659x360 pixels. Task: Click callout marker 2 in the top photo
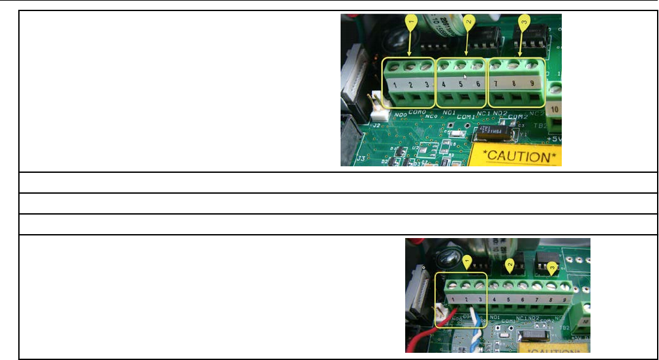(468, 23)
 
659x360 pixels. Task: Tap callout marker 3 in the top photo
(523, 23)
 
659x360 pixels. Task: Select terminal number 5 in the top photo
(461, 85)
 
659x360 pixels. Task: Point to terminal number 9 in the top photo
(532, 83)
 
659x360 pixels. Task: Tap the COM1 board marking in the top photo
(466, 116)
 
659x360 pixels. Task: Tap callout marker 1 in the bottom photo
(467, 262)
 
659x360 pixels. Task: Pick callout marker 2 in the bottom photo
(511, 263)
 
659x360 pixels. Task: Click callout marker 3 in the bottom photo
(553, 267)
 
